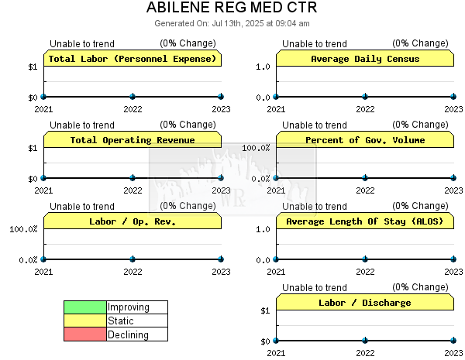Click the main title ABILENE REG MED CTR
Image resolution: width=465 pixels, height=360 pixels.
[232, 8]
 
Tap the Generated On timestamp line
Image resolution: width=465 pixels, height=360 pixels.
[232, 23]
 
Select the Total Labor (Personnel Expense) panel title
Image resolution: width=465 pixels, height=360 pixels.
[133, 59]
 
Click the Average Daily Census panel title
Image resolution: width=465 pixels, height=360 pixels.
[365, 59]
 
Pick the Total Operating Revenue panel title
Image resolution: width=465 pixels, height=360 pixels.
[133, 140]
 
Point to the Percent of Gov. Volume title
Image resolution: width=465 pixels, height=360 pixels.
[365, 140]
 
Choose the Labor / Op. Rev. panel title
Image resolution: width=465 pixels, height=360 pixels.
[133, 221]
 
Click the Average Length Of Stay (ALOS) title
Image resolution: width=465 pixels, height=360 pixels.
[365, 221]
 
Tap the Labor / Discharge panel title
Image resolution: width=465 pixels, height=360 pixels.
[365, 303]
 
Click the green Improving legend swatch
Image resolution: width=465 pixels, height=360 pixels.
[85, 307]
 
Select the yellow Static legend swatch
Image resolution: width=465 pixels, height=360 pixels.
[85, 321]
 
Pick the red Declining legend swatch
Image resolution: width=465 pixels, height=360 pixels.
[85, 334]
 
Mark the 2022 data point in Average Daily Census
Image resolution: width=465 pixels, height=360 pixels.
[365, 96]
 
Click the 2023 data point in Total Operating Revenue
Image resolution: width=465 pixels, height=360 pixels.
[221, 178]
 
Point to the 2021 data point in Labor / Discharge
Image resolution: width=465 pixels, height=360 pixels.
[276, 341]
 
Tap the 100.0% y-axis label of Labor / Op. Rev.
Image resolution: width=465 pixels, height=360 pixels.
[23, 229]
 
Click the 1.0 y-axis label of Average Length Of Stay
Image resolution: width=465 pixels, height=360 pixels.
[263, 229]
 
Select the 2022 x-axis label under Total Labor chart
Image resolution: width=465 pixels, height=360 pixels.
[133, 109]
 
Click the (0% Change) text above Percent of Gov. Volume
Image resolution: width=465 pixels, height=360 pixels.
[420, 125]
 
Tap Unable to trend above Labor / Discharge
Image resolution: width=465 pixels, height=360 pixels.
[315, 287]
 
